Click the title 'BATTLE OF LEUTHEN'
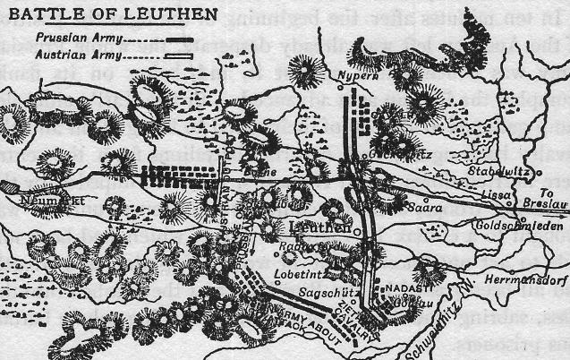pos(114,15)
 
